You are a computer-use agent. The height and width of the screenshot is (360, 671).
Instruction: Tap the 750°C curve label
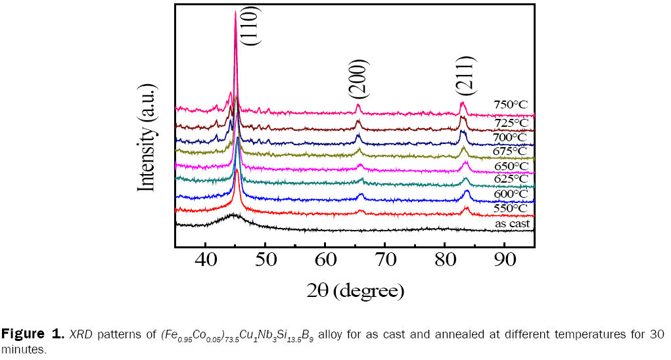tap(511, 104)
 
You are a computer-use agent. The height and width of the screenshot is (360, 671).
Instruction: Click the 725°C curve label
tap(511, 122)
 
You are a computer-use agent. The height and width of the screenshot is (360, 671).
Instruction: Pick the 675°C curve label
tap(511, 151)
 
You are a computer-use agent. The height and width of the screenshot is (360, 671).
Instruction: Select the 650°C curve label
tap(511, 166)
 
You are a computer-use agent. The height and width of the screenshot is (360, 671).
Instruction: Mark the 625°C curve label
tap(511, 179)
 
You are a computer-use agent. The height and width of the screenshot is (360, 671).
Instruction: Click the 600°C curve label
tap(511, 194)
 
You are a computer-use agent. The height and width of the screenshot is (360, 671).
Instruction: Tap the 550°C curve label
tap(511, 208)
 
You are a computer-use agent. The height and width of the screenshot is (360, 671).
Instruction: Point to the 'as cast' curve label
tap(513, 224)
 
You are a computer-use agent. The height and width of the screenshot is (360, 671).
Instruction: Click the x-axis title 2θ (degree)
tap(355, 290)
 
